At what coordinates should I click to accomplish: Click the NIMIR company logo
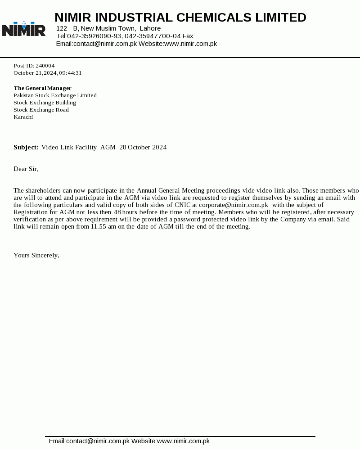coord(24,29)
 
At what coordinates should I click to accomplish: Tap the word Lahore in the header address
coord(150,28)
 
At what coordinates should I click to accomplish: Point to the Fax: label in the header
coord(189,36)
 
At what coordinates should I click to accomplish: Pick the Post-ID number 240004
coord(45,66)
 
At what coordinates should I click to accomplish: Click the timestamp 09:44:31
coord(70,73)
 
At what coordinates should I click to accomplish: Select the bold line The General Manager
coord(42,88)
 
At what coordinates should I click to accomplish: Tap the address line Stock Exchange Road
coord(41,110)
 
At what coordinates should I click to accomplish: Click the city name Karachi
coord(23,117)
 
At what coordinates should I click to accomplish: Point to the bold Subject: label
coord(26,147)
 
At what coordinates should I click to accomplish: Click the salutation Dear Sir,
coord(26,169)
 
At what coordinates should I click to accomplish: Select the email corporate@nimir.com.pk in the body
coord(234,205)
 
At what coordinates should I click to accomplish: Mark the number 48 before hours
coord(117,212)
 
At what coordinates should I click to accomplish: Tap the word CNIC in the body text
coord(182,205)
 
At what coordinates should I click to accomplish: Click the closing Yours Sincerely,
coord(36,255)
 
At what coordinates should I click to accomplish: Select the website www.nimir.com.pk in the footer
coord(183,441)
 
